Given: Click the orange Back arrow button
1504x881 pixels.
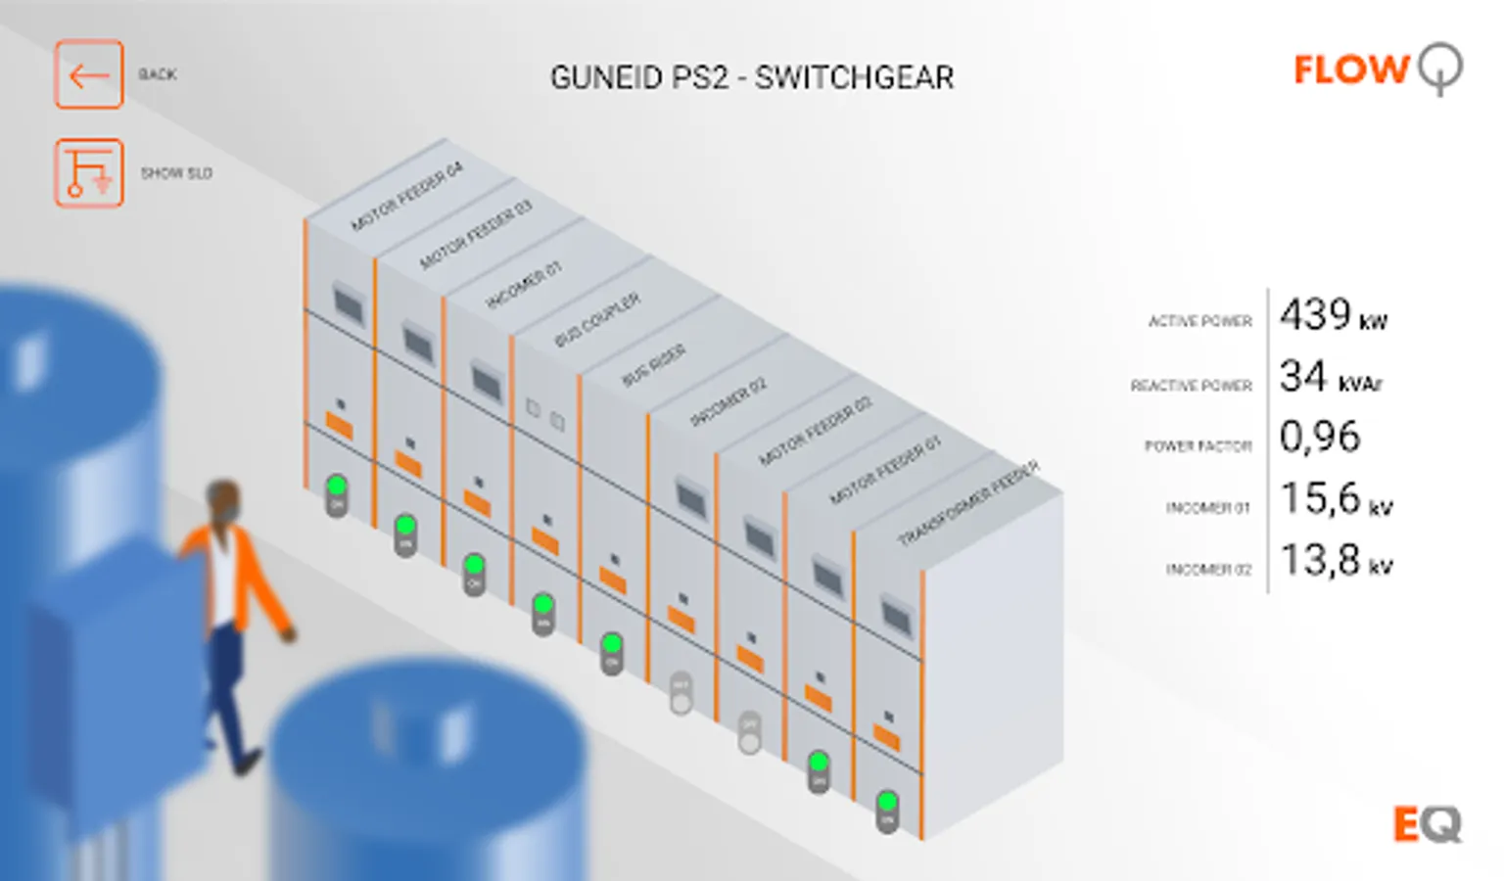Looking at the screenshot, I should click(88, 74).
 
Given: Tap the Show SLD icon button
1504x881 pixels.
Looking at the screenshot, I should click(88, 173).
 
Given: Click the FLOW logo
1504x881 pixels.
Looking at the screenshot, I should click(1377, 70).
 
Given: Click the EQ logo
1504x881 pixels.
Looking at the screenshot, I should click(1427, 824).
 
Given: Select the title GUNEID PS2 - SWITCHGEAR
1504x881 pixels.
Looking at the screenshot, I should click(751, 77).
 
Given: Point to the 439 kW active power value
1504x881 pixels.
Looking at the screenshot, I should click(1332, 316).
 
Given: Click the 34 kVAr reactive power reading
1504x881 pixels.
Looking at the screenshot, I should click(1330, 377).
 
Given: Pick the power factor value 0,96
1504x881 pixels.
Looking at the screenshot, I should click(1319, 437).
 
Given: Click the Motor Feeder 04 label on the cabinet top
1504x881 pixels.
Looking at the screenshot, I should click(406, 197).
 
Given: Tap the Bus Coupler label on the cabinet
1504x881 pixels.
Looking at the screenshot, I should click(597, 319).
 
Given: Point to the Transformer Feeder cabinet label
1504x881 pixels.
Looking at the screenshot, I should click(968, 503).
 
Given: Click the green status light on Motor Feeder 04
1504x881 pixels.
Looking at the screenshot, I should click(337, 486).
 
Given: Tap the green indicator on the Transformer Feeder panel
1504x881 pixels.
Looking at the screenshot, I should click(887, 803).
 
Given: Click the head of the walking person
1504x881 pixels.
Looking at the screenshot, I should click(223, 500).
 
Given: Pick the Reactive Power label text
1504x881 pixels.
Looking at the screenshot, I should click(1191, 386).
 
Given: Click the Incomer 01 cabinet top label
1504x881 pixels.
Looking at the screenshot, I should click(524, 285).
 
